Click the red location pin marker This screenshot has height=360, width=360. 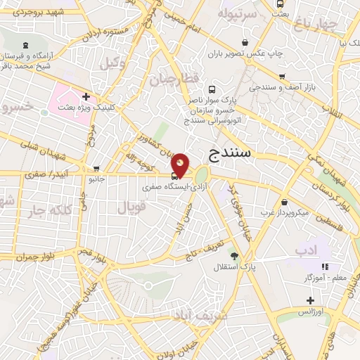coord(181,165)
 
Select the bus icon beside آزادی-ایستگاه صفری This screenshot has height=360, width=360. coord(174,176)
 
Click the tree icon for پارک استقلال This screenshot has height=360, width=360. coord(234,257)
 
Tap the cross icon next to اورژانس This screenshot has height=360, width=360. coord(310,300)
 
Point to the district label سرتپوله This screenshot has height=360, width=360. coord(234,14)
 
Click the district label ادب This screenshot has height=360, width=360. coord(306,249)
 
